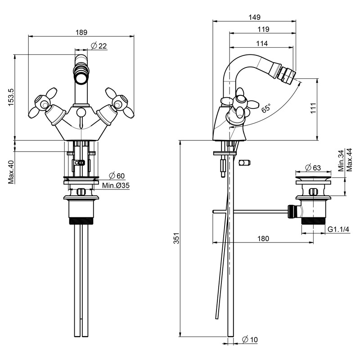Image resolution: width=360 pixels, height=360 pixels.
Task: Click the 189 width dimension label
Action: click(81, 32)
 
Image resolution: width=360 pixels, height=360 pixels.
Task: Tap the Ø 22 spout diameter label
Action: click(99, 46)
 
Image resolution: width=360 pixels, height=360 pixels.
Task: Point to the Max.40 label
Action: click(11, 172)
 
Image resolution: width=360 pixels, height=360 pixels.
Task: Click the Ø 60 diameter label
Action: click(117, 176)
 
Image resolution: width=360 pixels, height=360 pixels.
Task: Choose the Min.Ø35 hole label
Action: click(116, 185)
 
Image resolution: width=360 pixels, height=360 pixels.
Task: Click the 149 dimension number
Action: click(254, 17)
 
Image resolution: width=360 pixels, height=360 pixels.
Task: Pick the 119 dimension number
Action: click(263, 29)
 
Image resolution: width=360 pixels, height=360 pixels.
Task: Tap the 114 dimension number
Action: click(262, 43)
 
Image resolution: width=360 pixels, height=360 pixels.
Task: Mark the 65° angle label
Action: click(266, 108)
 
